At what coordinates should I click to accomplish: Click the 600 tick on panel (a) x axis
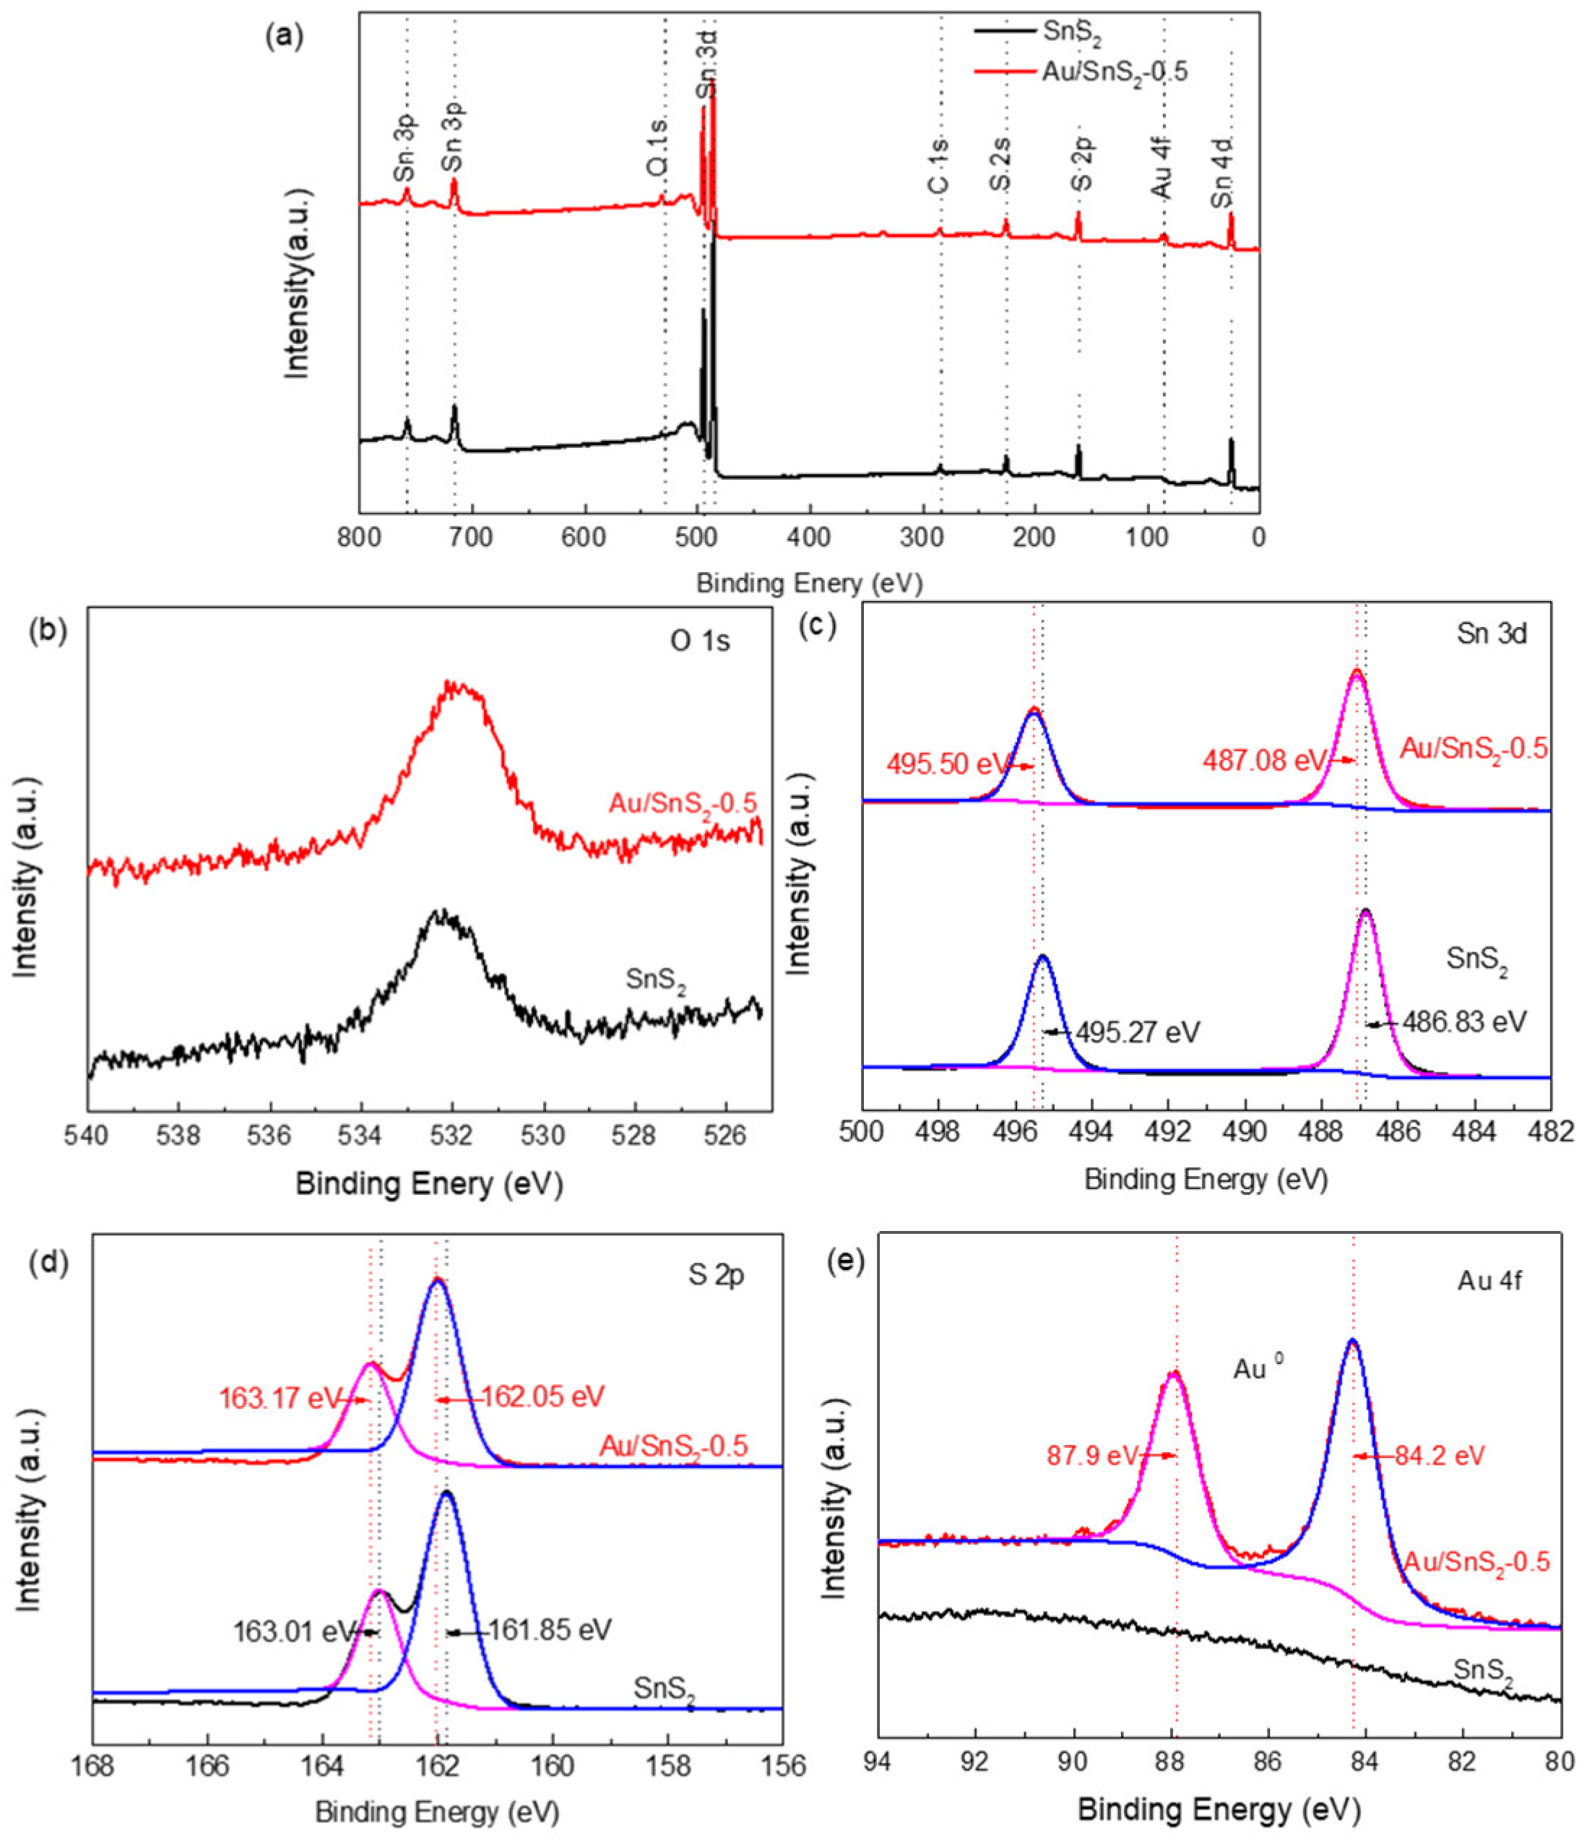click(x=585, y=539)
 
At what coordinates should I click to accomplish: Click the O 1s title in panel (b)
click(x=700, y=640)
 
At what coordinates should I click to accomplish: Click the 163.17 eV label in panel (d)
click(x=280, y=1398)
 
